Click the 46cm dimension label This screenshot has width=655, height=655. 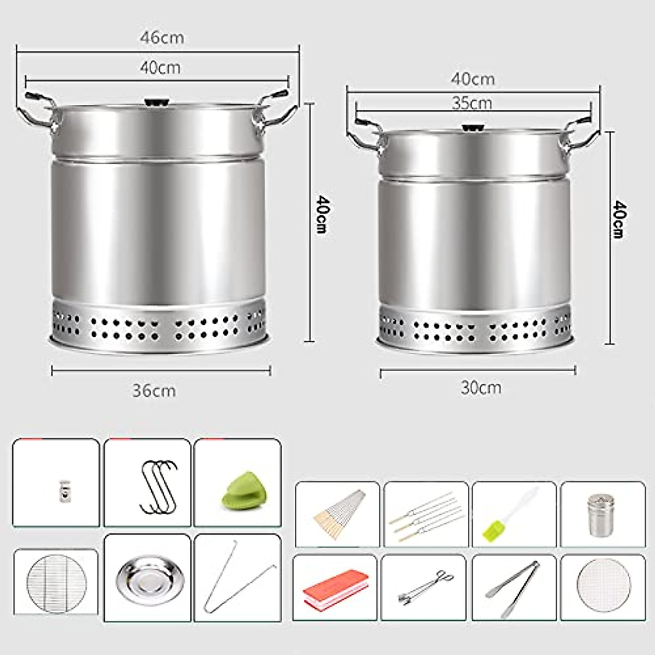click(162, 38)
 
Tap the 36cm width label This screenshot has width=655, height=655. click(154, 391)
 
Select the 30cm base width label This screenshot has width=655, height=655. click(481, 388)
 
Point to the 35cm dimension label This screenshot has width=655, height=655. click(472, 103)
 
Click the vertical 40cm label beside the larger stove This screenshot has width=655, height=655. click(321, 214)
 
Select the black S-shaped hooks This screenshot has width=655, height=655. click(158, 487)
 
